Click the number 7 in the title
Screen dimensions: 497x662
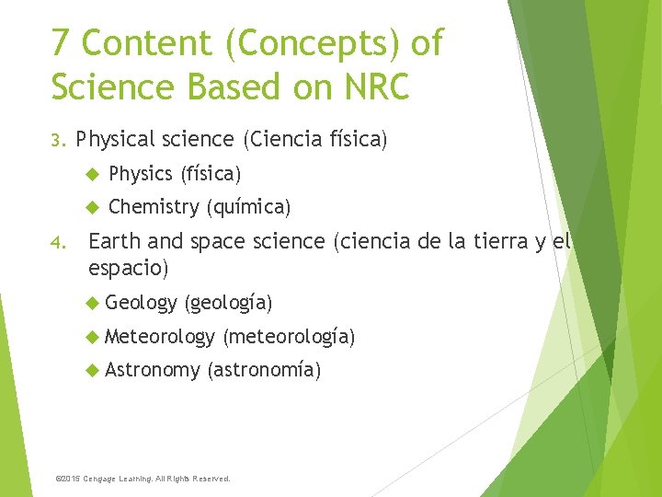tap(62, 43)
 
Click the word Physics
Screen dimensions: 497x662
tap(140, 174)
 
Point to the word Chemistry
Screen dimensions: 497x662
tap(153, 208)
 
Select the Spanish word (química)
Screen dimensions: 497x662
tap(248, 208)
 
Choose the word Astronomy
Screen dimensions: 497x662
tap(152, 371)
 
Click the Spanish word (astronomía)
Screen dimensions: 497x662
tap(264, 371)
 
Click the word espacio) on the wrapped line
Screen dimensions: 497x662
tap(128, 270)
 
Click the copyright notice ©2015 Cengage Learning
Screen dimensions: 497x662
tap(143, 479)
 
